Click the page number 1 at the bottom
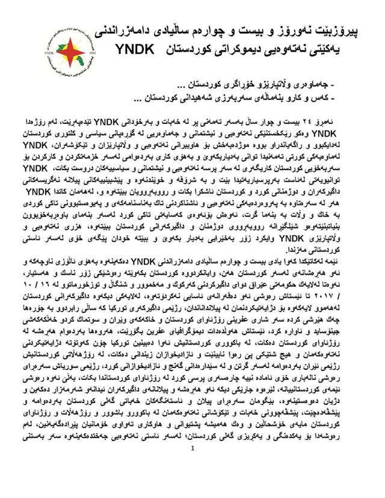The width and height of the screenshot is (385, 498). (192, 481)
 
